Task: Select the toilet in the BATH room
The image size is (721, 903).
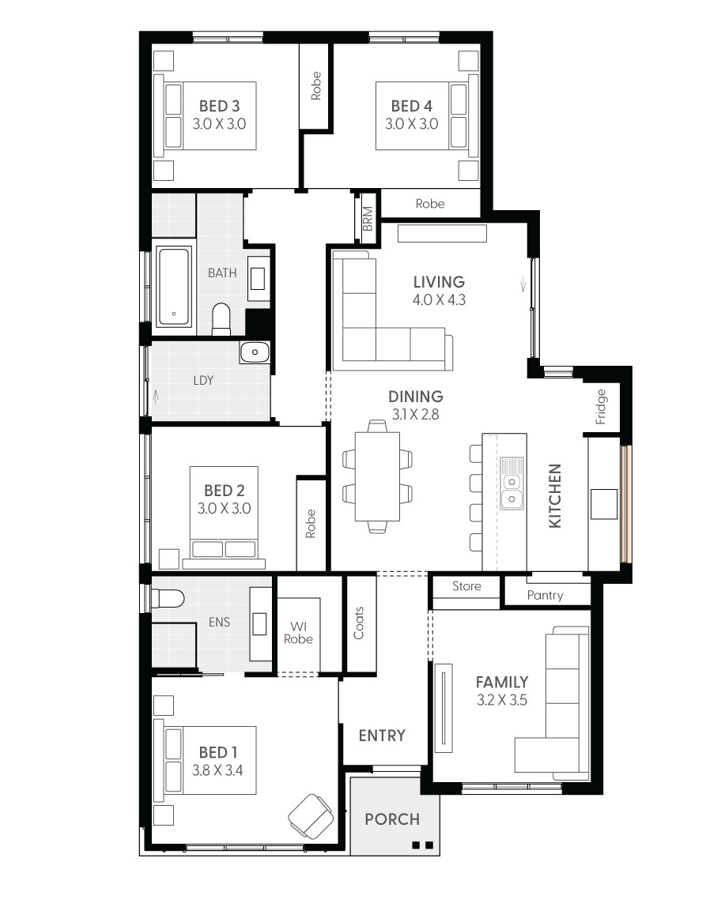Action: (221, 319)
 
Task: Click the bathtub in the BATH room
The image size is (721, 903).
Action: (174, 287)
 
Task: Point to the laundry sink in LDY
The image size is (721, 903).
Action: (254, 352)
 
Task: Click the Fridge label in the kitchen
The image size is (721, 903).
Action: (601, 406)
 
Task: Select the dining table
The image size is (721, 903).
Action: (377, 477)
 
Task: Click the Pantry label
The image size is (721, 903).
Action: (545, 595)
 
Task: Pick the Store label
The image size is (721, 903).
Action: (466, 586)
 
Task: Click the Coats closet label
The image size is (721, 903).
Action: (359, 623)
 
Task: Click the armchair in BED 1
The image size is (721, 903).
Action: (310, 815)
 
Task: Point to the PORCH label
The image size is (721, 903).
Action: (391, 819)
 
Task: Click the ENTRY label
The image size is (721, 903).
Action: (382, 736)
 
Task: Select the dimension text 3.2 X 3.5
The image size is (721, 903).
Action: (501, 700)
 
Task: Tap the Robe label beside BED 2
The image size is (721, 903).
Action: (311, 524)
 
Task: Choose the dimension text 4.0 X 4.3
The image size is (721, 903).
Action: (439, 300)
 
